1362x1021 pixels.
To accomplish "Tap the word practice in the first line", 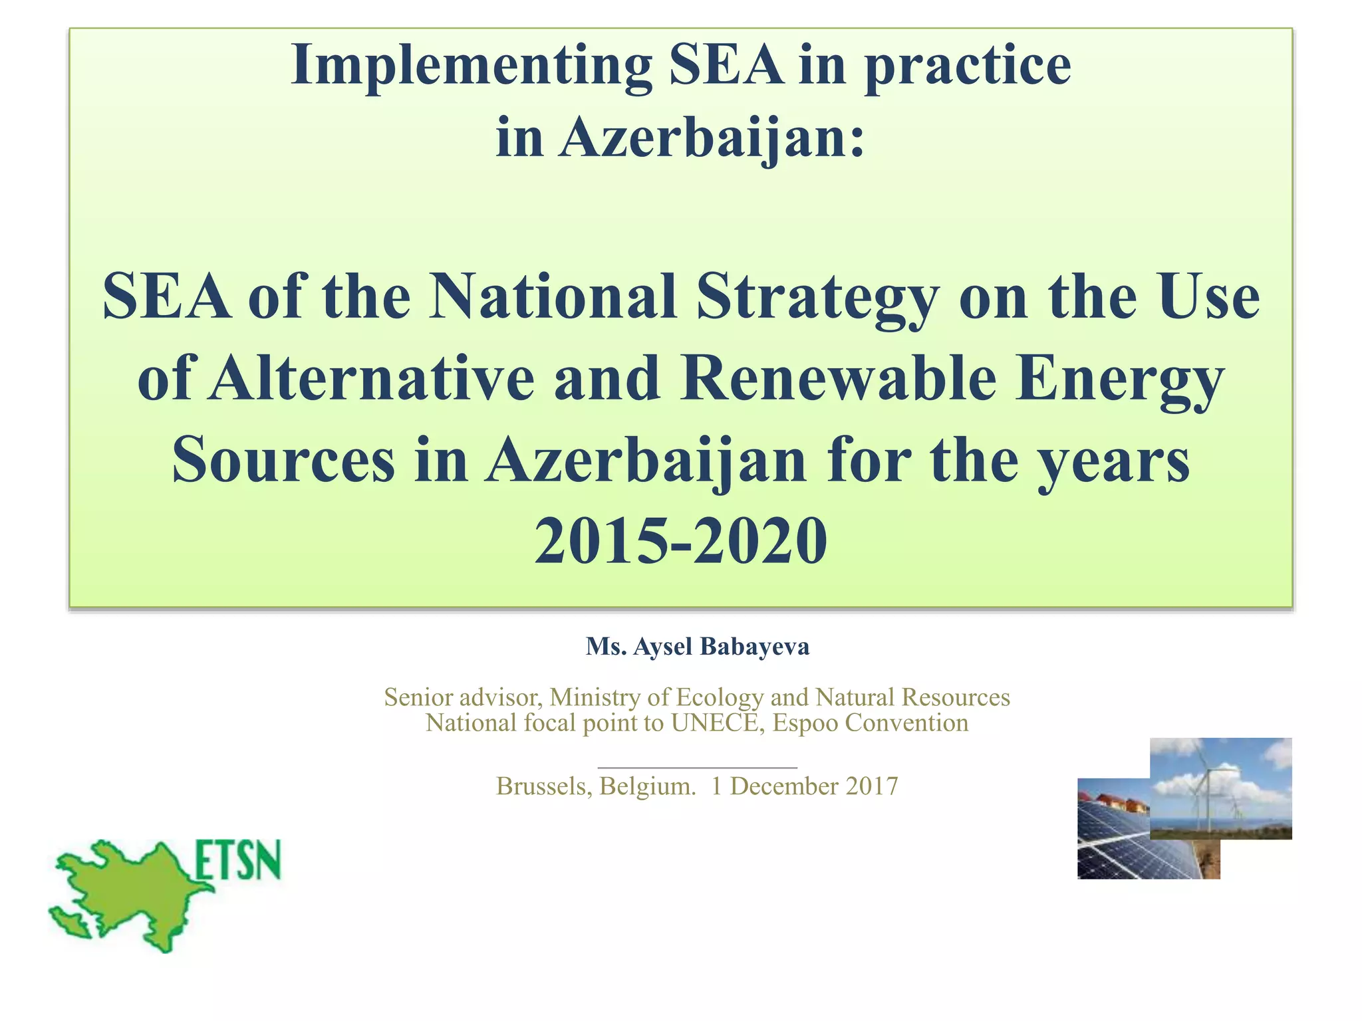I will point(967,66).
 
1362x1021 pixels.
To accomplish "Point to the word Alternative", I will point(371,379).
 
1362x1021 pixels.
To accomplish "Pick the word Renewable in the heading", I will point(838,379).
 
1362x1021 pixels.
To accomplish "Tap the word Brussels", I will point(543,786).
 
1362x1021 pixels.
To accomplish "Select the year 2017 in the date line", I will point(872,786).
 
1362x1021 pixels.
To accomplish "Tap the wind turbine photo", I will point(1220,788).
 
